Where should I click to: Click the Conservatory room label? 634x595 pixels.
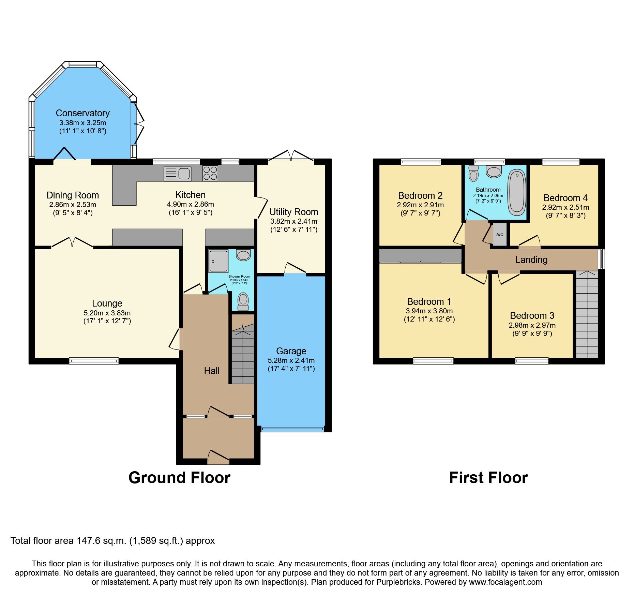pos(82,113)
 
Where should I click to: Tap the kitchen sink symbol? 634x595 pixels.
pos(177,174)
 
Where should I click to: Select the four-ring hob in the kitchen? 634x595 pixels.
pos(210,173)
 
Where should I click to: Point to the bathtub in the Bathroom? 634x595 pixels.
pos(517,192)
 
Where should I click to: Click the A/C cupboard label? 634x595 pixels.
pos(500,235)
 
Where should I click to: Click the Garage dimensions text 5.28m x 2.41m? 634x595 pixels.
pos(291,360)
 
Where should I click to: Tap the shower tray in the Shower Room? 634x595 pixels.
pos(218,261)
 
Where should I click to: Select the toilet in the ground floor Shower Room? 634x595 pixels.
pos(243,301)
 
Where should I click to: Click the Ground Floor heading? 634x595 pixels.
pos(179,478)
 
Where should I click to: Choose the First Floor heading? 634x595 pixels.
pos(488,478)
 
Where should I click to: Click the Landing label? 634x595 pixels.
pos(531,260)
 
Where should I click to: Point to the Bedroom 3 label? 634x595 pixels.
pos(532,315)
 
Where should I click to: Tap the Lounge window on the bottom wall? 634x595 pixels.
pos(94,360)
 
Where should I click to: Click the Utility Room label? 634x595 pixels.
pos(294,212)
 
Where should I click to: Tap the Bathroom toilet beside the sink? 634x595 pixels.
pos(473,174)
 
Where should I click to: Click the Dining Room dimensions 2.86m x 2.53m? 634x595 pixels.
pos(73,205)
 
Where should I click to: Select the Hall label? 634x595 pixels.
pos(212,371)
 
